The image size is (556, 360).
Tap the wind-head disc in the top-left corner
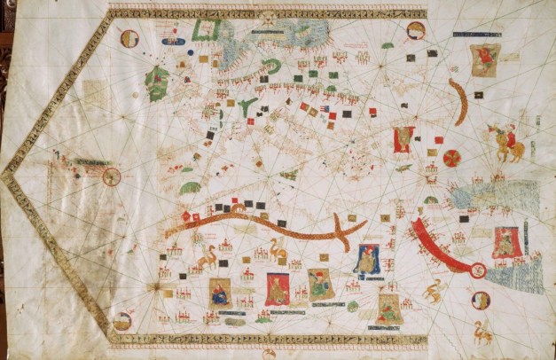tap(129, 38)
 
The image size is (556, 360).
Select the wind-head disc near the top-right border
tap(415, 30)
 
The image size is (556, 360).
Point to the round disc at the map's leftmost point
tap(112, 176)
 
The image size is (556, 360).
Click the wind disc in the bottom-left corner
tap(123, 320)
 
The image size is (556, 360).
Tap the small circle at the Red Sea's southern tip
tap(478, 270)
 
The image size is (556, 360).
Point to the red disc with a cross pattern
tap(452, 159)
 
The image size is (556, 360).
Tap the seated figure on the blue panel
tap(366, 258)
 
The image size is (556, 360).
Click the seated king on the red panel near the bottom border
tap(278, 288)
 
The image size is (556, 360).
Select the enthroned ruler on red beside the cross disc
tap(403, 139)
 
